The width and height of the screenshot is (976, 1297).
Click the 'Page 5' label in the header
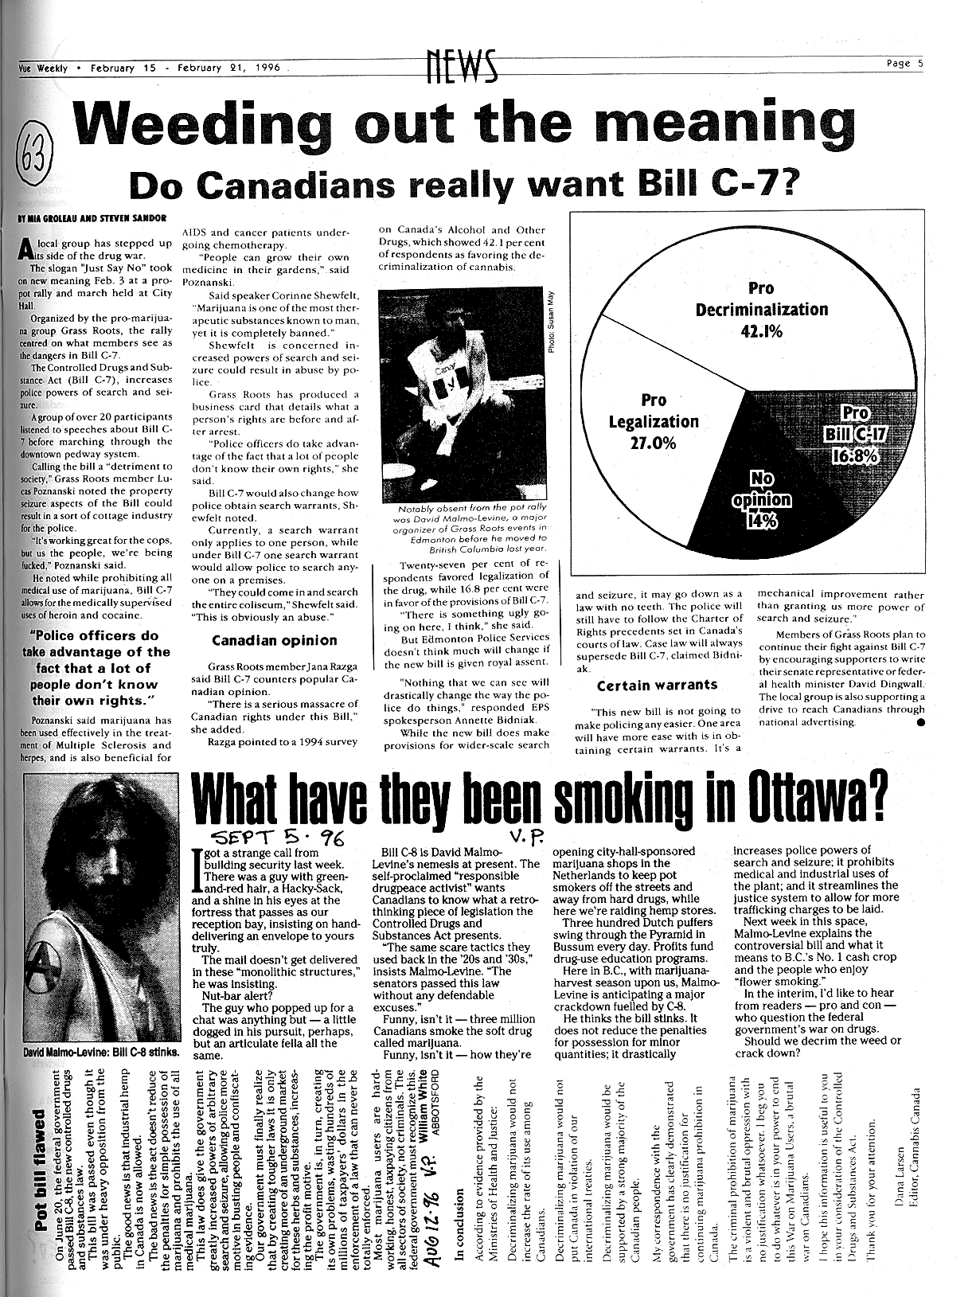tap(904, 64)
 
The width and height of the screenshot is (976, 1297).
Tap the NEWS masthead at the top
tap(461, 65)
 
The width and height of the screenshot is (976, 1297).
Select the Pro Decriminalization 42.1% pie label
tap(761, 309)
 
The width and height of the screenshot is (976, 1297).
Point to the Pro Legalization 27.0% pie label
tap(653, 421)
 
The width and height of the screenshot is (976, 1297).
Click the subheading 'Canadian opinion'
tap(274, 641)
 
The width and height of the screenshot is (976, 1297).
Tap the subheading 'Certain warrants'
tap(657, 685)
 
